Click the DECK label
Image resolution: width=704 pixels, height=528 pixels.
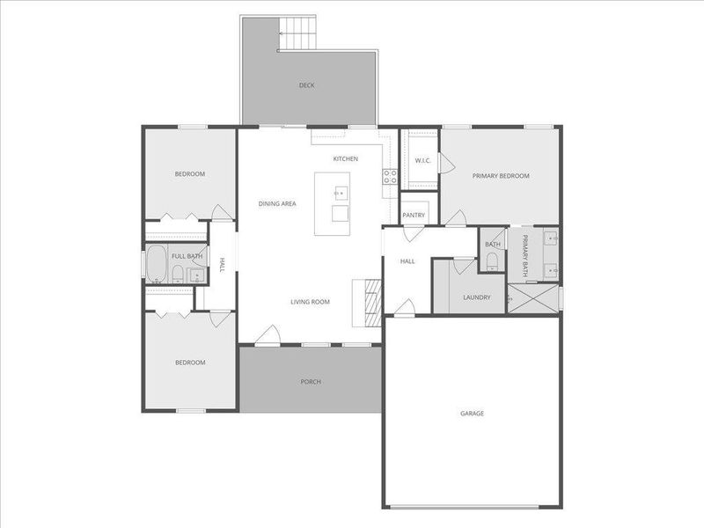coord(306,85)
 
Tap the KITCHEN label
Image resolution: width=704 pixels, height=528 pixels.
coord(345,158)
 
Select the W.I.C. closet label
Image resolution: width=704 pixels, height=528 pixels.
coord(421,161)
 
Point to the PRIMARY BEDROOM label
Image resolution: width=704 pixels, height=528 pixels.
coord(501,176)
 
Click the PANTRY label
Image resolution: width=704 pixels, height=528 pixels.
coord(414,216)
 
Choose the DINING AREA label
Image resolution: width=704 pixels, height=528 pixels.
coord(276,203)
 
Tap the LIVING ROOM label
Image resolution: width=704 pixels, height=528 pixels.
coord(310,302)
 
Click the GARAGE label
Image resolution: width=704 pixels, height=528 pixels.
coord(472,413)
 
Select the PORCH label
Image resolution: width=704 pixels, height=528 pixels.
coord(310,382)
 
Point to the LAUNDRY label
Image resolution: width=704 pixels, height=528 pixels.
coord(476,297)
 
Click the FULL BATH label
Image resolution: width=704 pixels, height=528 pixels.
coord(187,256)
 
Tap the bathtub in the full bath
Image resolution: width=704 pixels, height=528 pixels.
coord(158,263)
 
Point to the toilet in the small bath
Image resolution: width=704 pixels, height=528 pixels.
coord(492,260)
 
